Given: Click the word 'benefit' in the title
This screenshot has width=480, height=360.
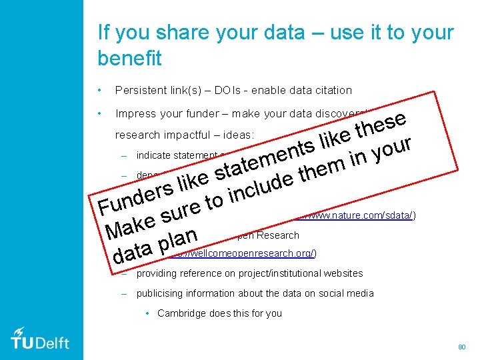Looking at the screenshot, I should click(129, 59).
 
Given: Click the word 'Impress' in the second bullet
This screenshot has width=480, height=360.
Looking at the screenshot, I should click(134, 113).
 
